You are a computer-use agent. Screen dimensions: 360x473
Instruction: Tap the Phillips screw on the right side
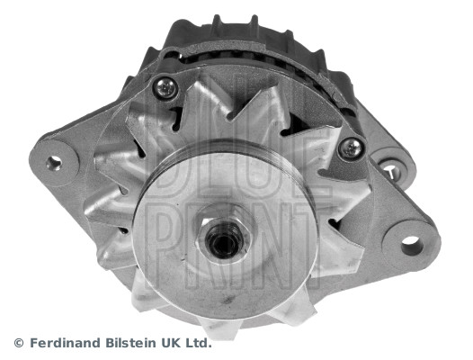[350, 148]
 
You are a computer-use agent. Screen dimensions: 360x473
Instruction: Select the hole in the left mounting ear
[54, 162]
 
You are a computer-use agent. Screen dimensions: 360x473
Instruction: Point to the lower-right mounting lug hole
[410, 243]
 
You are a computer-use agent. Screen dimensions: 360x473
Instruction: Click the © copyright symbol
[18, 343]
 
